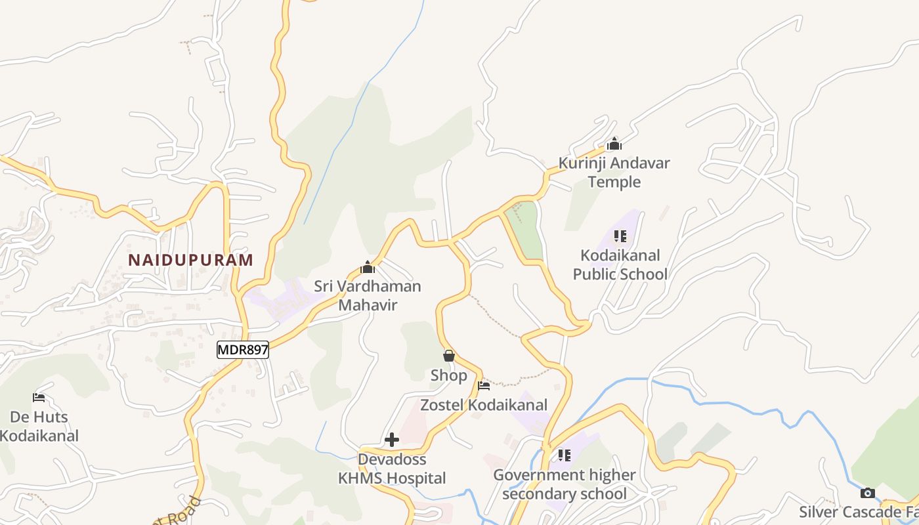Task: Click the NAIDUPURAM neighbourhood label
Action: tap(190, 260)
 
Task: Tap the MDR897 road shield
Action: tap(243, 350)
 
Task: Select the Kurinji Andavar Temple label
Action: tap(614, 172)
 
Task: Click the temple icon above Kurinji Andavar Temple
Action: tap(614, 144)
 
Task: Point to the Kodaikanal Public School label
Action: tap(620, 264)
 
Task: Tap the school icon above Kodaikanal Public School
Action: tap(620, 236)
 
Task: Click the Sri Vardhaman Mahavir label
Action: tap(368, 295)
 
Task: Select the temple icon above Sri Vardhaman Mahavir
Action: tap(368, 267)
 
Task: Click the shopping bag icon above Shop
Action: tap(449, 356)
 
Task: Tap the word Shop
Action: tap(449, 375)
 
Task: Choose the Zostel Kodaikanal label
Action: tap(484, 405)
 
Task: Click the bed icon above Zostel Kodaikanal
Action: tap(484, 385)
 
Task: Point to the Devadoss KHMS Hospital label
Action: tap(392, 469)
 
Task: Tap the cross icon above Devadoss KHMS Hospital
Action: tap(392, 440)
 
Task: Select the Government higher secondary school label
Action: tap(565, 484)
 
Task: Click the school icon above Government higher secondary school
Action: tap(565, 455)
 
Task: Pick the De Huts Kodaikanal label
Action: tap(39, 426)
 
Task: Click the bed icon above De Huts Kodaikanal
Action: tap(39, 397)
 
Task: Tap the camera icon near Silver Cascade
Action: tap(868, 493)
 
